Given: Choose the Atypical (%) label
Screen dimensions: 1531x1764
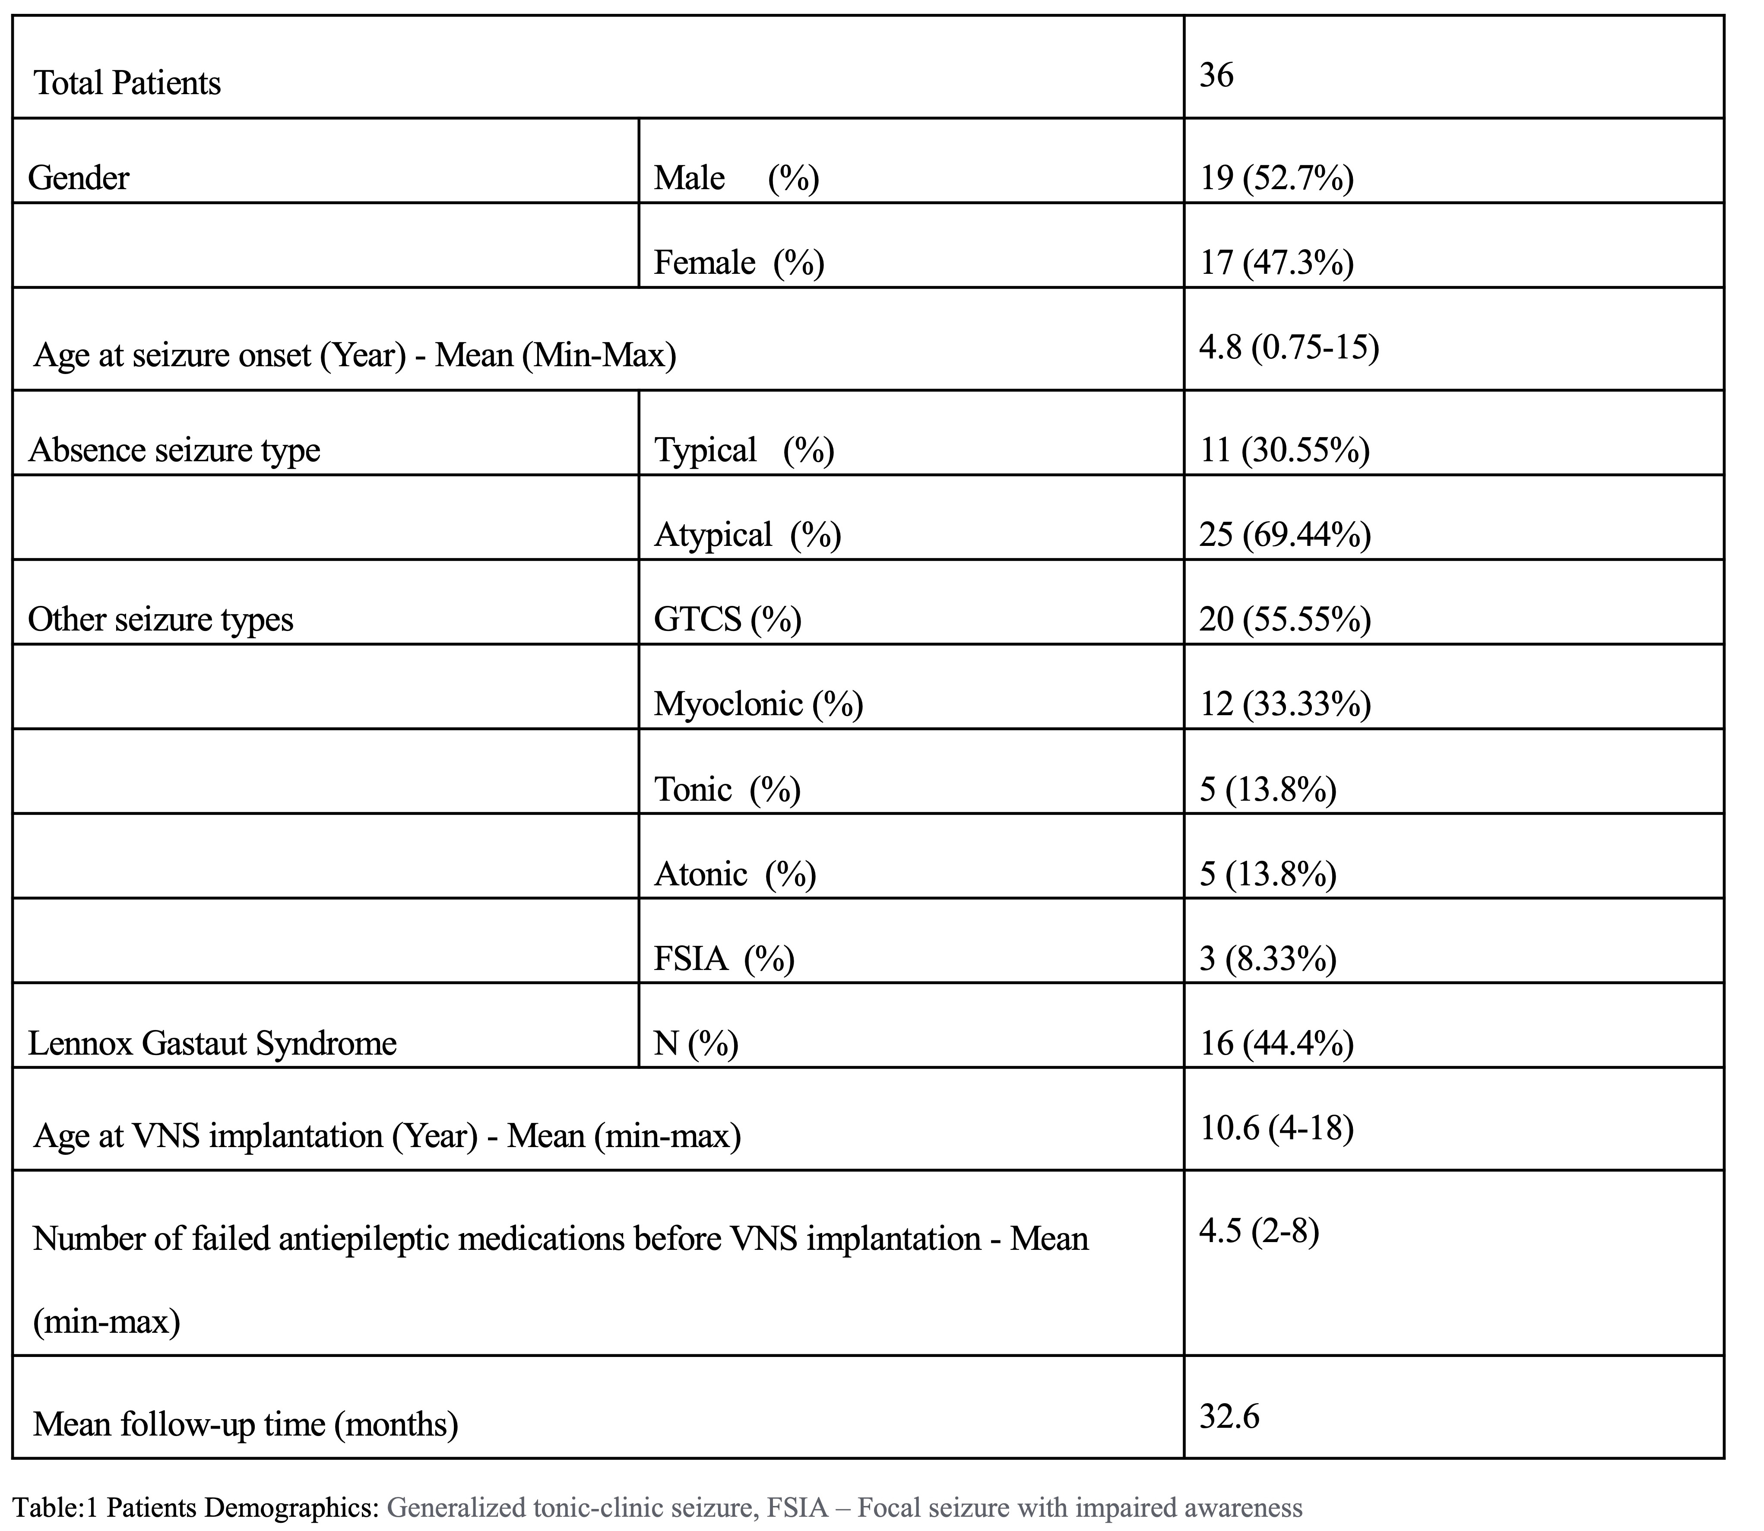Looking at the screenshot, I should [x=747, y=535].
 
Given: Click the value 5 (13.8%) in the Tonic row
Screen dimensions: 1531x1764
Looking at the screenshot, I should [x=1268, y=789].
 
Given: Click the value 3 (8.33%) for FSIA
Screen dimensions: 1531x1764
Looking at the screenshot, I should [x=1268, y=959].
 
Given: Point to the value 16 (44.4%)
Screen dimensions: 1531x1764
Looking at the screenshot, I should [x=1276, y=1043].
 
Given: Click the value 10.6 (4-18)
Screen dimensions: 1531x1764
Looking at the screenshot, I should [x=1276, y=1128].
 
